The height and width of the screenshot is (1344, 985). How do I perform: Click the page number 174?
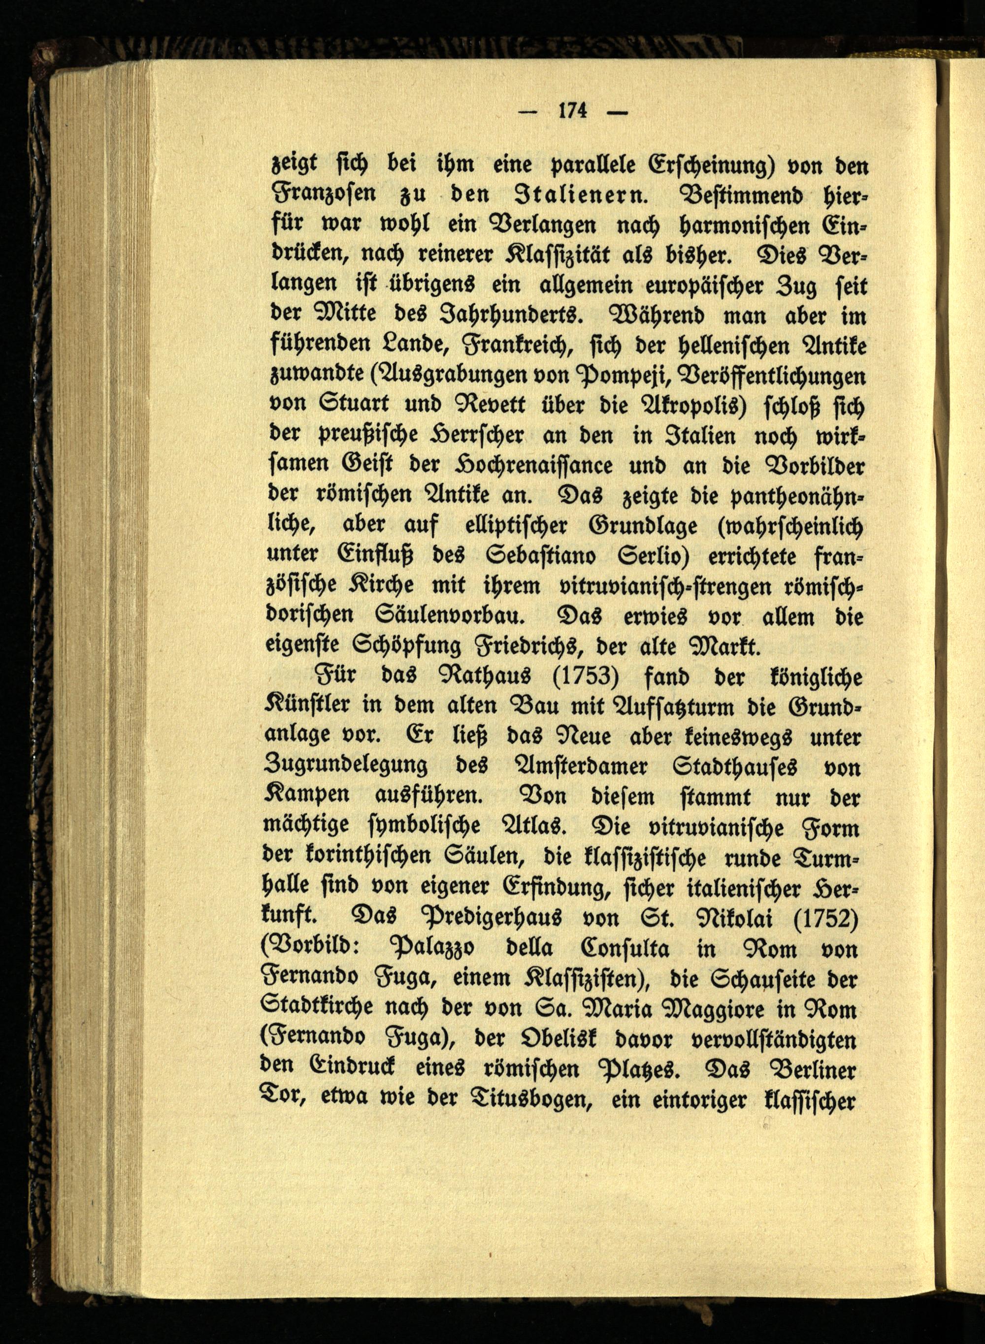coord(573,111)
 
